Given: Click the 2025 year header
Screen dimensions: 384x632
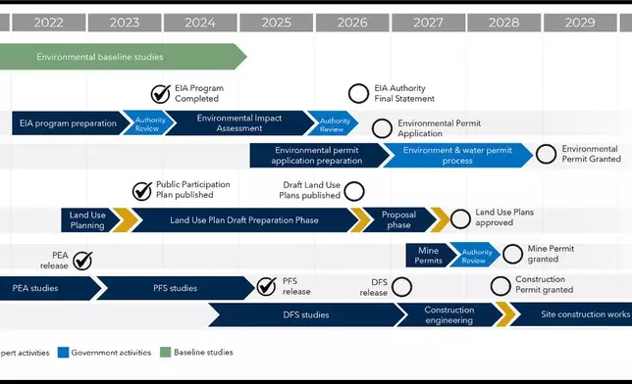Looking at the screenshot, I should [x=276, y=22].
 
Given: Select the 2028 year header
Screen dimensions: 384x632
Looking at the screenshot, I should [x=503, y=22].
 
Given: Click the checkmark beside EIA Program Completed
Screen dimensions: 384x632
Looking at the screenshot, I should [x=160, y=94].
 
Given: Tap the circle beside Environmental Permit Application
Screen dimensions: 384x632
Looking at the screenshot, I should [x=382, y=128].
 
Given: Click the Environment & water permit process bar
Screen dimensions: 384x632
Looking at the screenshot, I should [x=457, y=155].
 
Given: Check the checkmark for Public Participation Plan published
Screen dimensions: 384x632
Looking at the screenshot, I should [x=140, y=190].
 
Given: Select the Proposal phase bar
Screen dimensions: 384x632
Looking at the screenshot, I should [x=396, y=220].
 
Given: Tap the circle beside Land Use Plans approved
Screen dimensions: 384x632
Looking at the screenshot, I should [x=459, y=217].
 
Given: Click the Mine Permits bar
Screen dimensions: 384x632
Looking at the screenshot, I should [x=428, y=255].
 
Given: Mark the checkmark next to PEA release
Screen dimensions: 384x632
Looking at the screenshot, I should [x=82, y=260].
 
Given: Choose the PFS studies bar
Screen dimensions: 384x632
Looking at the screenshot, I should [x=175, y=288].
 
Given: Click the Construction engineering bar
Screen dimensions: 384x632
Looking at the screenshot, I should [x=448, y=315].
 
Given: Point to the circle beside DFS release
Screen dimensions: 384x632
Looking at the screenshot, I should [x=400, y=287].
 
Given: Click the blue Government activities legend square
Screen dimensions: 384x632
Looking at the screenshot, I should [x=64, y=353].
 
